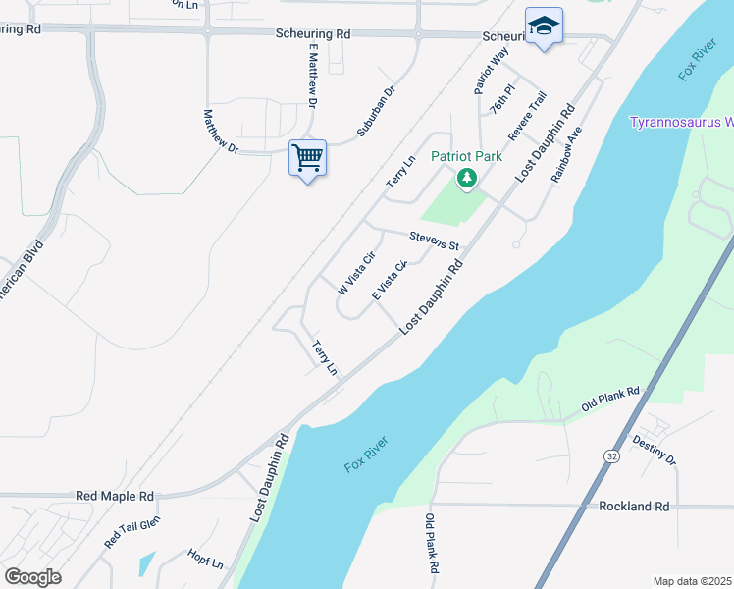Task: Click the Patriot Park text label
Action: [x=467, y=156]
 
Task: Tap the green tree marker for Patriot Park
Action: [x=467, y=179]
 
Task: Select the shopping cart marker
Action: [x=307, y=157]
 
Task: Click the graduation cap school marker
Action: [x=543, y=27]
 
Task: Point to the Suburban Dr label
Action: [x=376, y=111]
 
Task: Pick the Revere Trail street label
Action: [x=527, y=115]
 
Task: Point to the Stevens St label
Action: [x=434, y=239]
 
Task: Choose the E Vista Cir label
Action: [x=390, y=281]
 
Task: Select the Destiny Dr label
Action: [x=655, y=449]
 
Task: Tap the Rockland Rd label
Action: [x=634, y=507]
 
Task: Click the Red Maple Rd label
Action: [x=115, y=497]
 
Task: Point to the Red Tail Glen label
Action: [x=131, y=531]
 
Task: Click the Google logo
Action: [x=32, y=577]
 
